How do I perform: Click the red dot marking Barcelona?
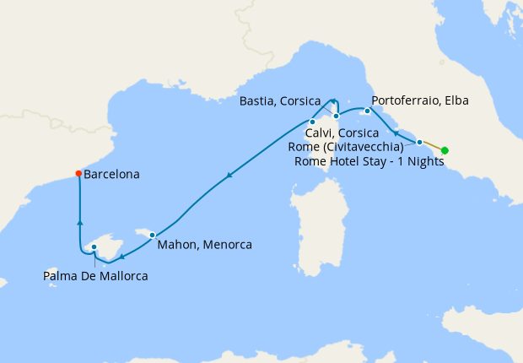78,174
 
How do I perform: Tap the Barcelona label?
111,175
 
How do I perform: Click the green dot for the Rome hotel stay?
445,151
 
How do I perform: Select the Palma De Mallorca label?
97,275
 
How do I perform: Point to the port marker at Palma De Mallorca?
94,247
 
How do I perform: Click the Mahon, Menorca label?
204,246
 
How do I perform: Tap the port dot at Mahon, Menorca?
152,235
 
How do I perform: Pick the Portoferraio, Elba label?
419,100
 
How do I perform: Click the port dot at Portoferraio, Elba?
367,111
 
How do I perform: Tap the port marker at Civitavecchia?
419,142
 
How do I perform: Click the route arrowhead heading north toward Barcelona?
79,222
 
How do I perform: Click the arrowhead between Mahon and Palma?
122,257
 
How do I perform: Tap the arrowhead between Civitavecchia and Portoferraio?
396,133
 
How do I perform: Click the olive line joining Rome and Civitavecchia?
432,147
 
